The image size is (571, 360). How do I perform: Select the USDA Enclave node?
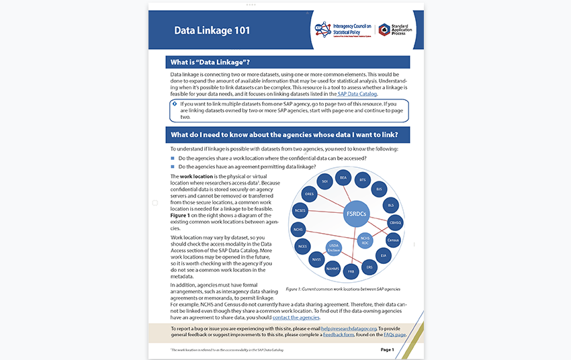click(x=335, y=248)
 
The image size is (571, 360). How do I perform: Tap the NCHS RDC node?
click(x=365, y=240)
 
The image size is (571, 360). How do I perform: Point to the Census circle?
click(x=394, y=239)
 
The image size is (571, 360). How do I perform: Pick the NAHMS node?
click(x=333, y=269)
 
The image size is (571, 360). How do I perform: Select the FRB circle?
click(x=351, y=272)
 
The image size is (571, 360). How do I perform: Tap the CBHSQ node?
click(x=395, y=222)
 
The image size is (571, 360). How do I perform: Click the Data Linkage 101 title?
click(x=212, y=30)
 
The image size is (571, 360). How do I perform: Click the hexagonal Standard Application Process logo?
click(x=384, y=30)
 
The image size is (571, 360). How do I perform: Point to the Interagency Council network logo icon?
click(x=323, y=30)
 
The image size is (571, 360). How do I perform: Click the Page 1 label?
click(x=387, y=350)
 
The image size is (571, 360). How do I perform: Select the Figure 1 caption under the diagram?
click(x=343, y=289)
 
